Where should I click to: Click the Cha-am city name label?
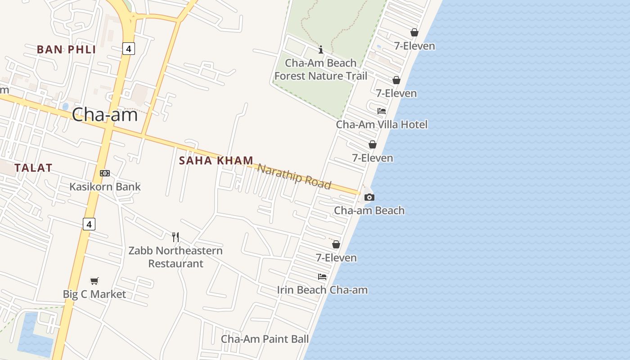tap(105, 115)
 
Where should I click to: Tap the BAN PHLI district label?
tap(66, 49)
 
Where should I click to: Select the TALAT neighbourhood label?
tap(33, 168)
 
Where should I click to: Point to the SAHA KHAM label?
tap(216, 161)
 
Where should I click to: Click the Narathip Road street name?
tap(294, 176)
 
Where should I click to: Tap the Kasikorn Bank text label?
tap(105, 186)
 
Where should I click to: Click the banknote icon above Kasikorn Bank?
tap(105, 173)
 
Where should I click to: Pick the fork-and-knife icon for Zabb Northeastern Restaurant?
tap(175, 237)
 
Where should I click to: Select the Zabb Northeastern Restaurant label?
tap(175, 256)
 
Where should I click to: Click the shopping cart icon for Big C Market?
tap(94, 281)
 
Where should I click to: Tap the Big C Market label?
tap(94, 294)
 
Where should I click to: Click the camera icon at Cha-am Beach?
tap(369, 197)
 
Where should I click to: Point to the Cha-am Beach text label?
tap(369, 210)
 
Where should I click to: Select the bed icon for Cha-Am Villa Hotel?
tap(382, 111)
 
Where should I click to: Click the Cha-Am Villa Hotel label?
tap(382, 124)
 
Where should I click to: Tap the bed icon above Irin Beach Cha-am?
tap(322, 276)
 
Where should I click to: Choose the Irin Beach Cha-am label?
tap(322, 290)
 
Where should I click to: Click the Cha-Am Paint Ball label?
tap(265, 339)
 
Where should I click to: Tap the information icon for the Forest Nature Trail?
tap(321, 49)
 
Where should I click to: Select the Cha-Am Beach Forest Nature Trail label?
tap(321, 69)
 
